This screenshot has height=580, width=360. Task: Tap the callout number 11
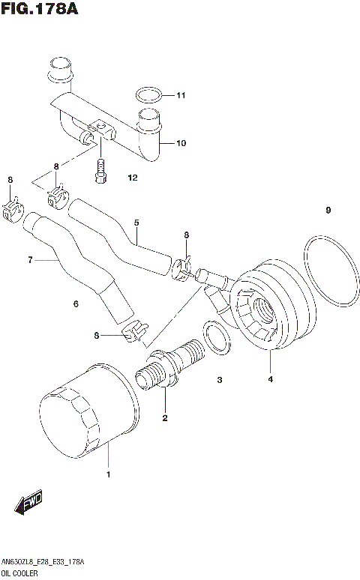pos(180,95)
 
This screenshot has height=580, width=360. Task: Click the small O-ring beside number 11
pos(148,95)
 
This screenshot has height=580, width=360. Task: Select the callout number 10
pos(180,143)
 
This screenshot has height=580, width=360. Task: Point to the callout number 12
pos(133,178)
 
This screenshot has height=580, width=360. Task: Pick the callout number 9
pos(328,210)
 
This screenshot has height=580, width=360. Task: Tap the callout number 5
pos(136,222)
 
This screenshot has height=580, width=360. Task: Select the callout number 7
pos(31,260)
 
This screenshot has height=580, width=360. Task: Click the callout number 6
pos(76,303)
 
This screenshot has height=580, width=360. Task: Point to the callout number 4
pos(270,379)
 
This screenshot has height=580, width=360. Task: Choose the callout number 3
pos(220,380)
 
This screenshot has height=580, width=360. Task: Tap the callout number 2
pos(164,417)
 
